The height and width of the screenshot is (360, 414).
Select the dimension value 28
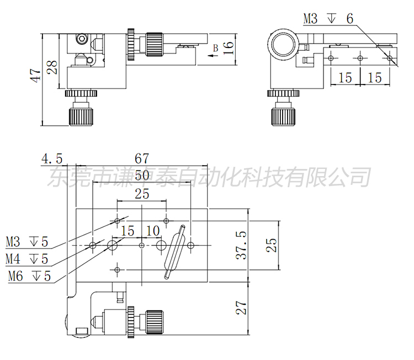click(52, 67)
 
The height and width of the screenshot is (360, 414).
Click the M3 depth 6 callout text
click(328, 19)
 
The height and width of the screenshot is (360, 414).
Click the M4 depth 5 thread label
click(27, 258)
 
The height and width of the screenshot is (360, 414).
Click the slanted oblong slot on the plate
click(174, 251)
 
